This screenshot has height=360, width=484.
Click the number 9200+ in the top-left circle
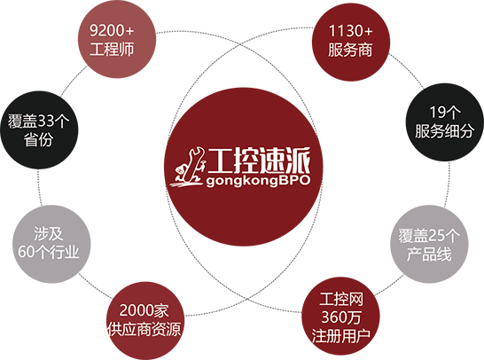coord(112,30)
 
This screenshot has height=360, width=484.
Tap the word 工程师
coord(112,49)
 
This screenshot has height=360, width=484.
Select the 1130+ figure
coord(351,31)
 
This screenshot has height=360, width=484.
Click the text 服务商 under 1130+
coord(350,50)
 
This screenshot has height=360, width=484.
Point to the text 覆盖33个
coord(39,121)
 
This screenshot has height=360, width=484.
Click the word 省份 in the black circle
coord(38,139)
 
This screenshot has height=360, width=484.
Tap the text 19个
coord(445,112)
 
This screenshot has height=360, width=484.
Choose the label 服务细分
coord(444,130)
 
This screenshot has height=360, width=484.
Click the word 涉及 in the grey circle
coord(49,233)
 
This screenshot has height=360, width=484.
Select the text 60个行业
coord(49,252)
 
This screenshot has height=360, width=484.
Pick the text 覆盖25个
coord(429,236)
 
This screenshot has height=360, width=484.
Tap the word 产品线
coord(429,254)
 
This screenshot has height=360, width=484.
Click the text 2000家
coord(144,310)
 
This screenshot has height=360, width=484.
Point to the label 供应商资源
coord(144,329)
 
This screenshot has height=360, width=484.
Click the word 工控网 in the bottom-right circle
coord(341,299)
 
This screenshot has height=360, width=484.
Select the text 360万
coord(341,317)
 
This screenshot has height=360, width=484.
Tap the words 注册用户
coord(341,335)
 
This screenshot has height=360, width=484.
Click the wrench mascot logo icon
coord(188,167)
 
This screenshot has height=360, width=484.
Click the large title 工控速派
coord(259,160)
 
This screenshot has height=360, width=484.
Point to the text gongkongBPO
coord(258,181)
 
